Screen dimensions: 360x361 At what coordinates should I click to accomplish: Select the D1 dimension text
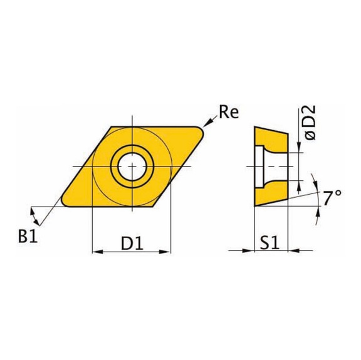(x=131, y=240)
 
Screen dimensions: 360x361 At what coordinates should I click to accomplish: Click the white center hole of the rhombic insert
(x=132, y=166)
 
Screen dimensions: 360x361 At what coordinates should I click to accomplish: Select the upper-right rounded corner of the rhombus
(x=202, y=130)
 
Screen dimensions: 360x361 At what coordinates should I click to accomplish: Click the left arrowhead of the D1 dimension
(x=96, y=252)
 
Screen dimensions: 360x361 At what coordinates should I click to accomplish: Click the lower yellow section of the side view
(x=271, y=193)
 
